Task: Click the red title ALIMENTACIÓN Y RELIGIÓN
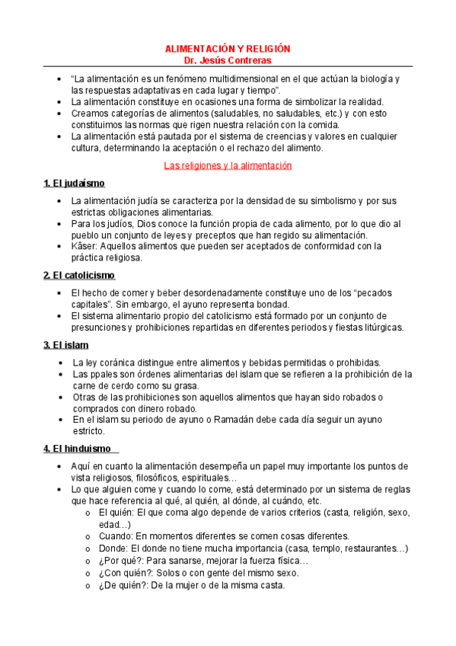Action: pos(228,49)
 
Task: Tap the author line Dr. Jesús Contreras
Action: pos(228,60)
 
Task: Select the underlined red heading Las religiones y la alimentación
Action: pos(228,165)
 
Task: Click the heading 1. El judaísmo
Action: pos(74,184)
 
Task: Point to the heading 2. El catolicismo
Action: pos(79,275)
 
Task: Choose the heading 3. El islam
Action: pos(66,345)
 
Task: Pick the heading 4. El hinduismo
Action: pos(77,449)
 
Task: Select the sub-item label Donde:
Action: pos(115,548)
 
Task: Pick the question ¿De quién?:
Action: pos(125,585)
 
